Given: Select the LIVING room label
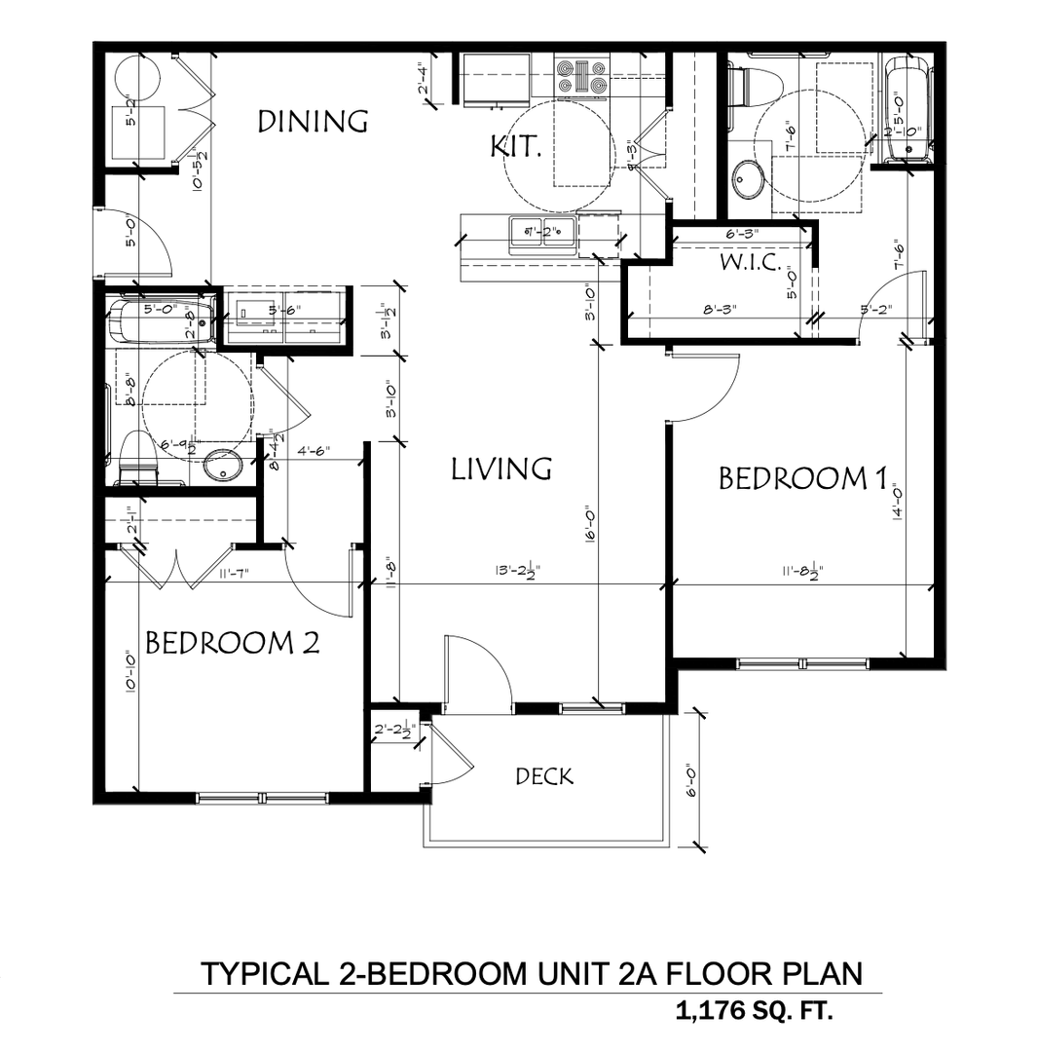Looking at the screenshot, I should (x=501, y=469).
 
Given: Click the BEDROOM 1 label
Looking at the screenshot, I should (x=803, y=478).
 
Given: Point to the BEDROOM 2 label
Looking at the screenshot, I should (x=232, y=643).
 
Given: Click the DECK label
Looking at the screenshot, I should (x=544, y=776).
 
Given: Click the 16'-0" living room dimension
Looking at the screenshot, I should (x=591, y=527).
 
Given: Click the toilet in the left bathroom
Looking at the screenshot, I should (x=136, y=458).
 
